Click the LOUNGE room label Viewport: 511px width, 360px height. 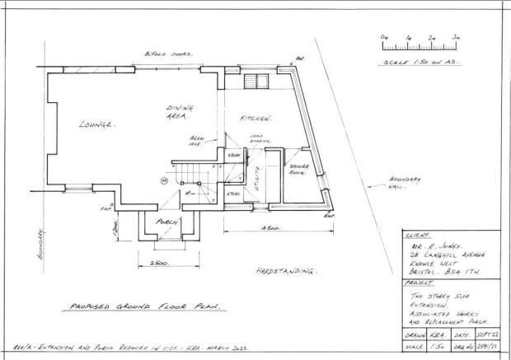coord(97,124)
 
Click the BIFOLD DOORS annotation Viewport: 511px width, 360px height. coord(169,54)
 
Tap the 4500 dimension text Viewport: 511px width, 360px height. coord(272,227)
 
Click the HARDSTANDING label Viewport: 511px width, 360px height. coord(287,271)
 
